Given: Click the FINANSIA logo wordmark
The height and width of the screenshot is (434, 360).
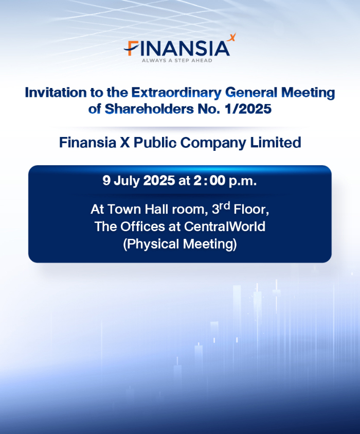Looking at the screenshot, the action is pyautogui.click(x=177, y=48).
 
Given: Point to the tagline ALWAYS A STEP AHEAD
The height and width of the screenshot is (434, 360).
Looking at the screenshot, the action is pyautogui.click(x=177, y=60).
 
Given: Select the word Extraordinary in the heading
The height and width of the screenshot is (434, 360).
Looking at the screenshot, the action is pyautogui.click(x=176, y=93).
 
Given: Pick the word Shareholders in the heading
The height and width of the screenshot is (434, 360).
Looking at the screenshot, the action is pyautogui.click(x=149, y=109).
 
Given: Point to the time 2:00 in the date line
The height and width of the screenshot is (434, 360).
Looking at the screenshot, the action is pyautogui.click(x=209, y=181).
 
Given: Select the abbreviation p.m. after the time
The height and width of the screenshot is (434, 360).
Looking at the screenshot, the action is pyautogui.click(x=243, y=182).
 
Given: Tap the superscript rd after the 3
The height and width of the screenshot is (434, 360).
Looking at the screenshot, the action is pyautogui.click(x=225, y=206).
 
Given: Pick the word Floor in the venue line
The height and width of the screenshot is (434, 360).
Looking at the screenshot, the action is pyautogui.click(x=251, y=210).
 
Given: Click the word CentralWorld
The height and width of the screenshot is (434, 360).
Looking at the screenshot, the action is pyautogui.click(x=225, y=227).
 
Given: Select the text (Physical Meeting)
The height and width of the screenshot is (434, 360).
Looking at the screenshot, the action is pyautogui.click(x=180, y=245).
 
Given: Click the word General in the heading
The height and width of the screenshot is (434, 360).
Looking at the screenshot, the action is pyautogui.click(x=251, y=93).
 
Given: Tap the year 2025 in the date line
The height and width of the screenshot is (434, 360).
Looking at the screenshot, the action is pyautogui.click(x=159, y=181).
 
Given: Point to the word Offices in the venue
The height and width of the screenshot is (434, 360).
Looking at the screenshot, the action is pyautogui.click(x=142, y=227).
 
